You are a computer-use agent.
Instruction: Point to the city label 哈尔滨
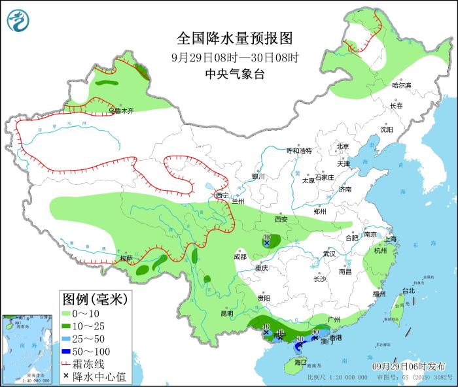point(401,86)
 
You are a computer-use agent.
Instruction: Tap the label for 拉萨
point(126,259)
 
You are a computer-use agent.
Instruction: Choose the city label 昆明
point(226,313)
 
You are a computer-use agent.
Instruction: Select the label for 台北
point(408,290)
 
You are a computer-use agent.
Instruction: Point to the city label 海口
point(300,362)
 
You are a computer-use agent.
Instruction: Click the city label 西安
point(281,220)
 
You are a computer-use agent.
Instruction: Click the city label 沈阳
point(387,129)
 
